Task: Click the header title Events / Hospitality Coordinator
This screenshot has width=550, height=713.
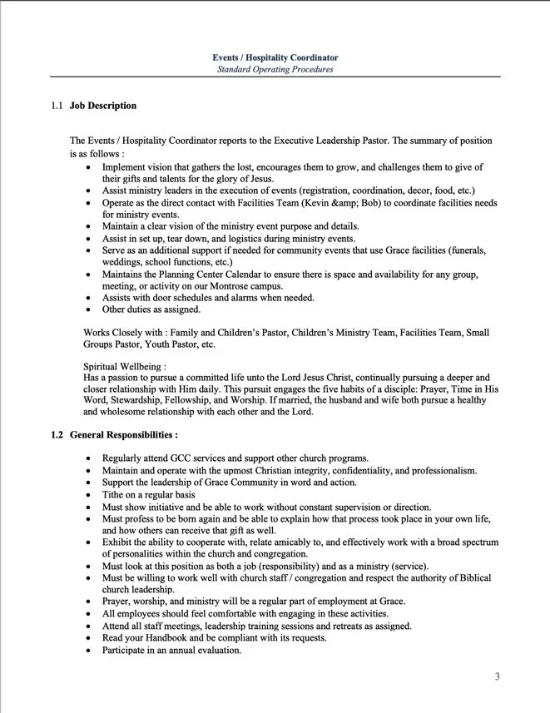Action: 275,57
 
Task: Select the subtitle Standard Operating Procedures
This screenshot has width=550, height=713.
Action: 275,69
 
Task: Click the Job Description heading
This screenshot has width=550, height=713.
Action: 103,106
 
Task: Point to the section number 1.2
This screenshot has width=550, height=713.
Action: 57,435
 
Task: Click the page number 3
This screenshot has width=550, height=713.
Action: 497,676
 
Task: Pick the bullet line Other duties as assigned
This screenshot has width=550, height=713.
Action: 151,309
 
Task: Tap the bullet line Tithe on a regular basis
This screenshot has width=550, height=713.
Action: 153,494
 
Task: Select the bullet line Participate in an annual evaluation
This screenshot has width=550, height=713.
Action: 171,650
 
